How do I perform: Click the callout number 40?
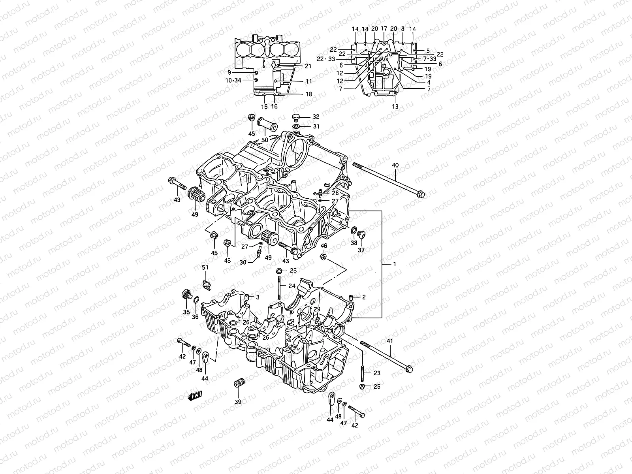tap(395, 165)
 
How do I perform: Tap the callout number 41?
tap(390, 341)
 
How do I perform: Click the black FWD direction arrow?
tap(196, 396)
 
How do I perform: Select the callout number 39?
tap(238, 402)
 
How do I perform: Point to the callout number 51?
tap(205, 267)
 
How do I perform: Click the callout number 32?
tap(316, 117)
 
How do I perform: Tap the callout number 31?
tap(316, 126)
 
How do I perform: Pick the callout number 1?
tap(393, 264)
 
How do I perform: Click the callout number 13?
tap(395, 107)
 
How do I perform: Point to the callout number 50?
tap(264, 140)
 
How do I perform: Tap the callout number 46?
tap(324, 246)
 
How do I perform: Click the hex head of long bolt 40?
tap(421, 194)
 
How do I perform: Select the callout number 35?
tap(186, 312)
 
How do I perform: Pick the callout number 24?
tap(292, 286)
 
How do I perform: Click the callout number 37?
tap(361, 250)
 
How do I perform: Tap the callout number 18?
tap(308, 94)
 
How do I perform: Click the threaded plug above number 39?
tap(238, 383)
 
